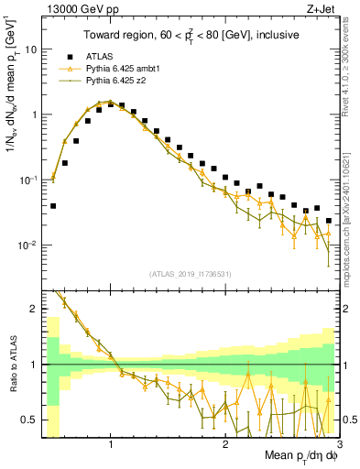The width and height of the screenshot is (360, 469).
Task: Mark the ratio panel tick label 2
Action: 33,310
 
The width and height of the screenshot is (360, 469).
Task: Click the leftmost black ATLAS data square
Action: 53,206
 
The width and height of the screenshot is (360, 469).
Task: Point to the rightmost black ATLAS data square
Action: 329,221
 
